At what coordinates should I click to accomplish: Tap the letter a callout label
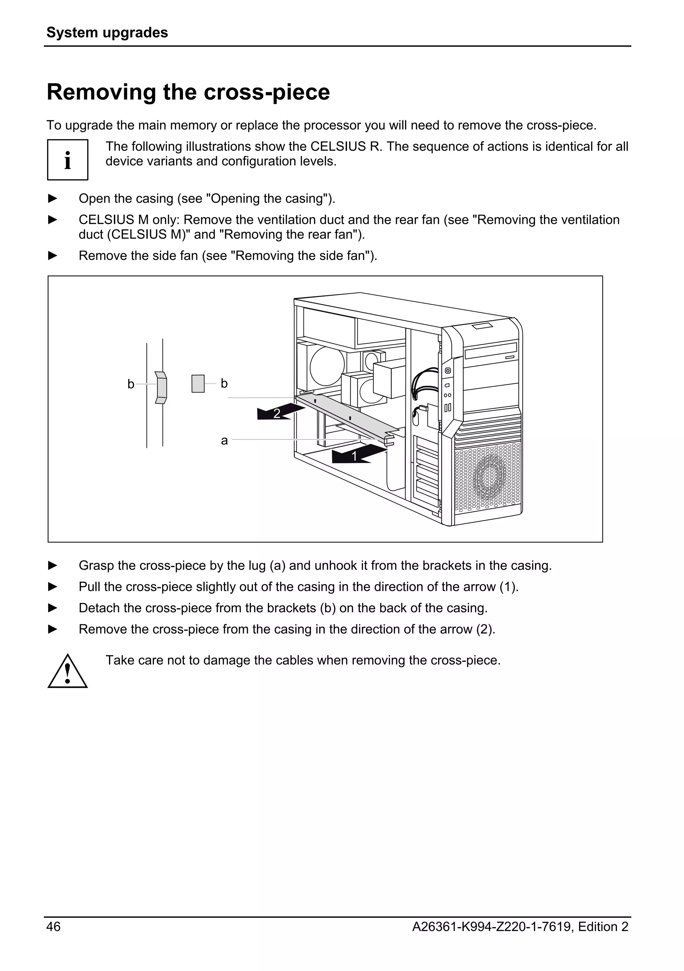click(224, 441)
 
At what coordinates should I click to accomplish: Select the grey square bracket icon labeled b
click(198, 383)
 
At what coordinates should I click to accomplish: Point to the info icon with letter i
click(68, 160)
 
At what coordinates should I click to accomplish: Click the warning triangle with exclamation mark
click(68, 672)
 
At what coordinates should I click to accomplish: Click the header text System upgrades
click(107, 32)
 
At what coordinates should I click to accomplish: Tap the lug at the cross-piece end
click(389, 440)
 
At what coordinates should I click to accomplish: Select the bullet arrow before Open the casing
click(52, 198)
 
